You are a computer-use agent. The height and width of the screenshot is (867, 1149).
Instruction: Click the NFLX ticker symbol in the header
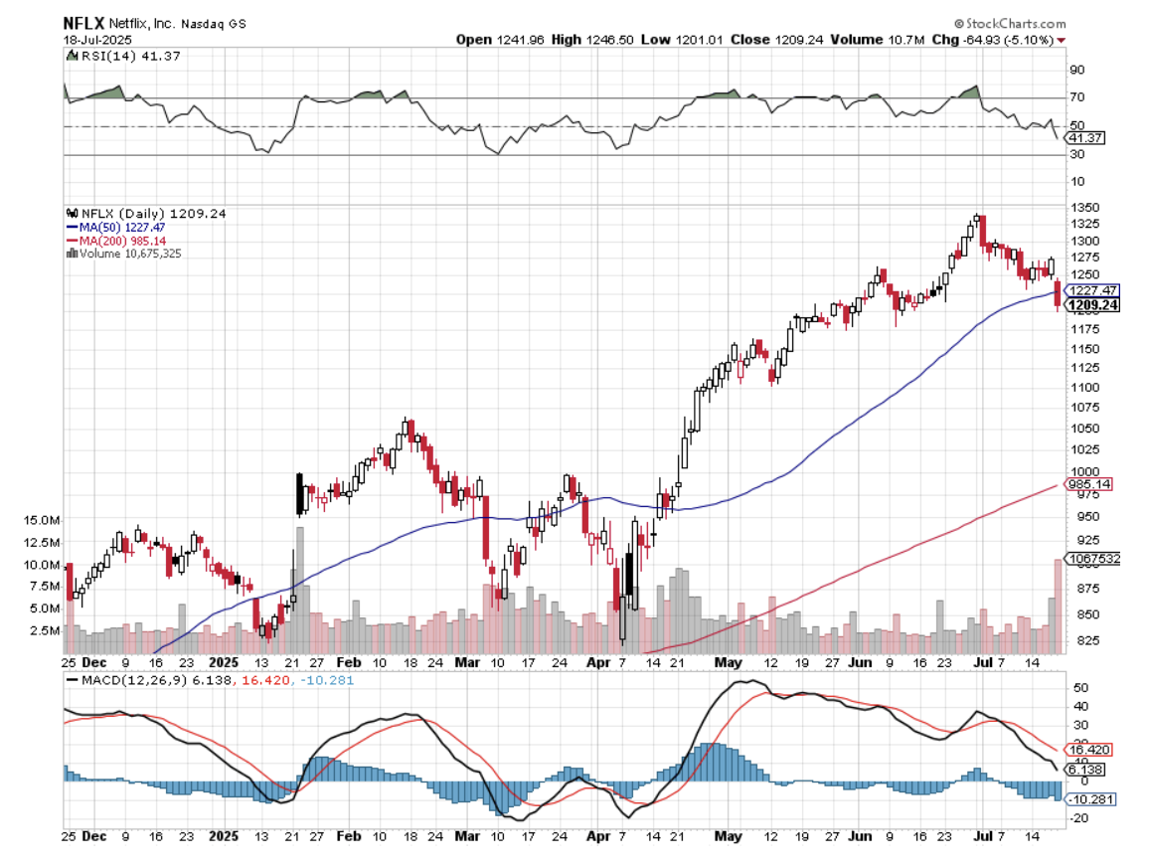82,23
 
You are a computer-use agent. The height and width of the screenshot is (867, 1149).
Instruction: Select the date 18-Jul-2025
92,39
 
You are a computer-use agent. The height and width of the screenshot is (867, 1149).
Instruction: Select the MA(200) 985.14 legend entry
114,240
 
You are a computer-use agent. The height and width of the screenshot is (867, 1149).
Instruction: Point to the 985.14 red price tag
1087,484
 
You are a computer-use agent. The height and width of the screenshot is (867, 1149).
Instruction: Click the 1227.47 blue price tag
1089,288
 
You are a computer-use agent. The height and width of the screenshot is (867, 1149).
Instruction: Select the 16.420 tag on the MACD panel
1085,749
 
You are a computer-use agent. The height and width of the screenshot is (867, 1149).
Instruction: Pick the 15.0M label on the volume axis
43,520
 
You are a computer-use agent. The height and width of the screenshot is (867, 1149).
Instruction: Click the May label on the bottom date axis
729,838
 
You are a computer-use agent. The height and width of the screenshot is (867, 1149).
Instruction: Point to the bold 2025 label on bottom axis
225,838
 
